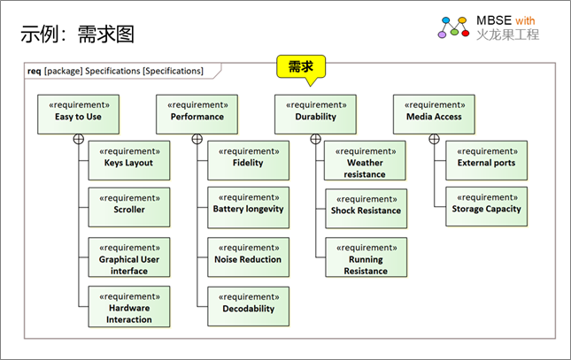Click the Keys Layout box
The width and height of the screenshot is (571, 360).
tap(129, 157)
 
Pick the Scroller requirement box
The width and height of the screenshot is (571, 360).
tap(129, 204)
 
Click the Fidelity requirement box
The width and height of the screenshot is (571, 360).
tap(248, 157)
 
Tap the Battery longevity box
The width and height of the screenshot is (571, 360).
tap(248, 204)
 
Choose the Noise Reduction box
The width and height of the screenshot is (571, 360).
tap(248, 254)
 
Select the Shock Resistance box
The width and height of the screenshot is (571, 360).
tap(366, 205)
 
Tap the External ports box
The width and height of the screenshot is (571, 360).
tap(486, 157)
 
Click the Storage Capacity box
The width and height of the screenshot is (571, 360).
tap(486, 204)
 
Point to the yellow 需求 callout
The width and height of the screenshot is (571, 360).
tap(301, 66)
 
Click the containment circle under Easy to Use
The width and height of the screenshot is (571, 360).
tap(79, 139)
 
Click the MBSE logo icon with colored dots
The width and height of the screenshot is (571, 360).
tap(452, 27)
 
